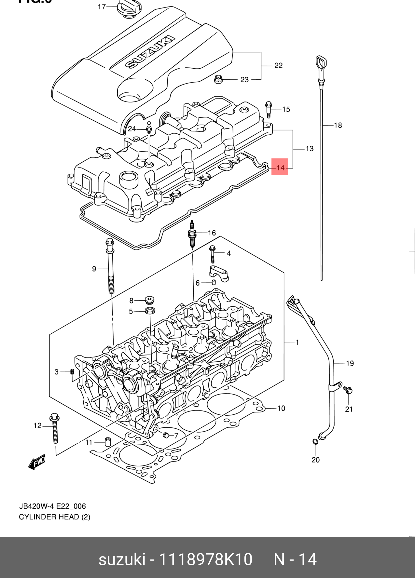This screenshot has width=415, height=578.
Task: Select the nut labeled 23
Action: point(219,79)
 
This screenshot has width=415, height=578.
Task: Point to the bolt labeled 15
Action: point(269,110)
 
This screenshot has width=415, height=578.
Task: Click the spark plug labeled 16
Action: point(192,234)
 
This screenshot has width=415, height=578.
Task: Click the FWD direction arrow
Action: point(37,462)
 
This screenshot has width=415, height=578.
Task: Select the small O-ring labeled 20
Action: point(315,442)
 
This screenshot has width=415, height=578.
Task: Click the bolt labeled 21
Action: point(348,390)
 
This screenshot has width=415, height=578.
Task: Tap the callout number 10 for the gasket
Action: point(281,408)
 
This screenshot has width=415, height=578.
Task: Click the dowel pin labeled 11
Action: point(107,442)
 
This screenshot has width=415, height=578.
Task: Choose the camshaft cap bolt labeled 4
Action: point(213,254)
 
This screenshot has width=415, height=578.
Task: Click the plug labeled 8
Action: point(149,300)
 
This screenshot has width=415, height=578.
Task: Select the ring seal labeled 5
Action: point(149,311)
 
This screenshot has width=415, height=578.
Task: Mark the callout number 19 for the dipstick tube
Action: point(350,363)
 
